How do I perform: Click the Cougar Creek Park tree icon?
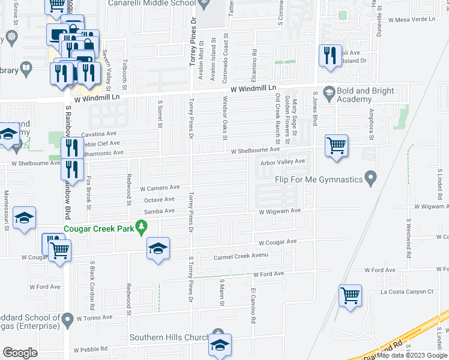[142, 227]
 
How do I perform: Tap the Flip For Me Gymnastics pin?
[372, 178]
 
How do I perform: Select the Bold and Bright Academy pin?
[328, 92]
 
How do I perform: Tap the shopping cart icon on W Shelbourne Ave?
[336, 146]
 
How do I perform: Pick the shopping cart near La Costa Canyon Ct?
[350, 295]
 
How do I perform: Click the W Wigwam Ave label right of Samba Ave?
[280, 211]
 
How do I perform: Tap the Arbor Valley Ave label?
[283, 161]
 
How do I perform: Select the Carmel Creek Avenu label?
[240, 257]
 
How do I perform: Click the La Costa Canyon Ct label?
[406, 292]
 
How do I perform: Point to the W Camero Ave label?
[159, 187]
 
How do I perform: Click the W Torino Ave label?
[94, 317]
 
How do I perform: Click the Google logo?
[20, 353]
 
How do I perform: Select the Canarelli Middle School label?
[152, 3]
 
